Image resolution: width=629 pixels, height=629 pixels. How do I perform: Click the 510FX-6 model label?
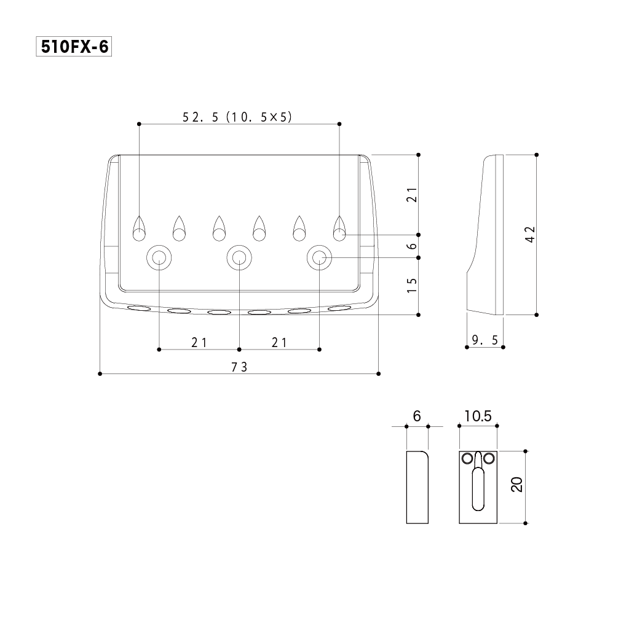74,47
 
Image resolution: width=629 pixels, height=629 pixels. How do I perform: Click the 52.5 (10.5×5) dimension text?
237,117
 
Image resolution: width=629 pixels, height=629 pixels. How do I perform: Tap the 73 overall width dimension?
239,367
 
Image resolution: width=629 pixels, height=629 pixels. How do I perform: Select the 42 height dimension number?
531,234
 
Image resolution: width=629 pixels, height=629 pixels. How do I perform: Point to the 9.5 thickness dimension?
485,340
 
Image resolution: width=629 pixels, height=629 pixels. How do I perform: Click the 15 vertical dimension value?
412,285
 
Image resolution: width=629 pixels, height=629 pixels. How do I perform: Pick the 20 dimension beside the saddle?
517,485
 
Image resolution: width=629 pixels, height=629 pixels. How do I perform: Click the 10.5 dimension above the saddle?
478,416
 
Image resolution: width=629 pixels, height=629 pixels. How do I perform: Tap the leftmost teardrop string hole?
139,229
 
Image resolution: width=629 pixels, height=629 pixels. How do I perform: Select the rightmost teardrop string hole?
339,229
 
